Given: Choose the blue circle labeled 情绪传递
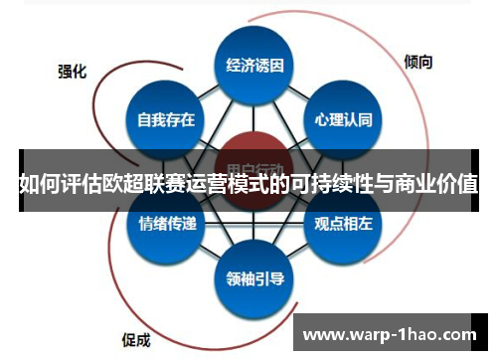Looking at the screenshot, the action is [166, 224].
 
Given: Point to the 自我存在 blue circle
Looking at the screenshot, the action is [166, 121].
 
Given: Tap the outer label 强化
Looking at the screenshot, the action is [72, 71].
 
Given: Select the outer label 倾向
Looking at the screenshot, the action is [418, 61].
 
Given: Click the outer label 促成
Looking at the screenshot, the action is [136, 337].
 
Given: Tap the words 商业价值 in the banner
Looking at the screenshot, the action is [438, 184].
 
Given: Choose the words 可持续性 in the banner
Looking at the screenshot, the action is [335, 184].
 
